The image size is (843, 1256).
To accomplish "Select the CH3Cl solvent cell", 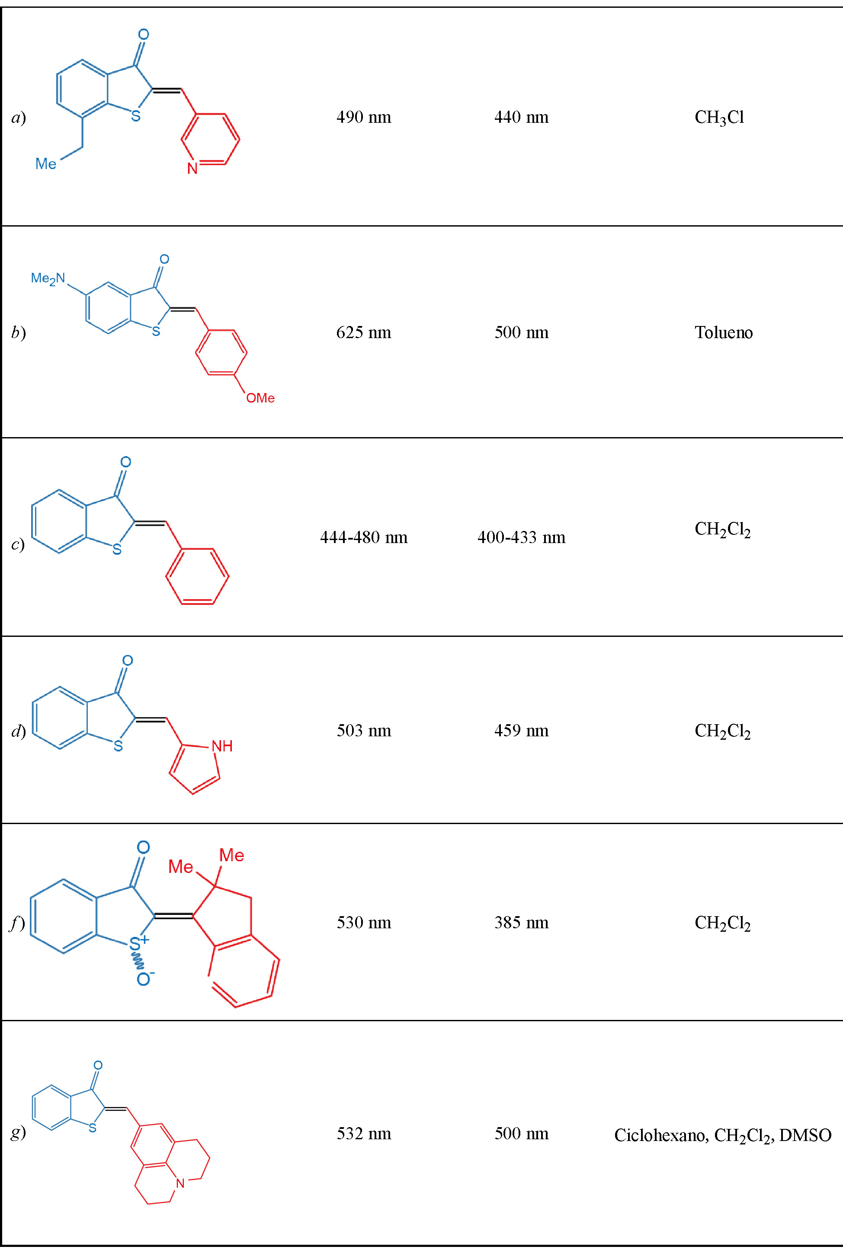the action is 719,117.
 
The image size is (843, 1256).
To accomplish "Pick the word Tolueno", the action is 723,332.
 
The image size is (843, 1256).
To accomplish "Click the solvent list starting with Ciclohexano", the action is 723,1135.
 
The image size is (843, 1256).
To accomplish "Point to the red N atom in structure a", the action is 192,169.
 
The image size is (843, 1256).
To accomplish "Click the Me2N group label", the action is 48,278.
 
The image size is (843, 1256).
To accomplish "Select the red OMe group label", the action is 260,398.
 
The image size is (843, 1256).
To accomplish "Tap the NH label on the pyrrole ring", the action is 221,746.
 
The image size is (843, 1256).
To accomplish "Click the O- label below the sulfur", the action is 144,979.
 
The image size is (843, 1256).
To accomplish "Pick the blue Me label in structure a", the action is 46,164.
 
